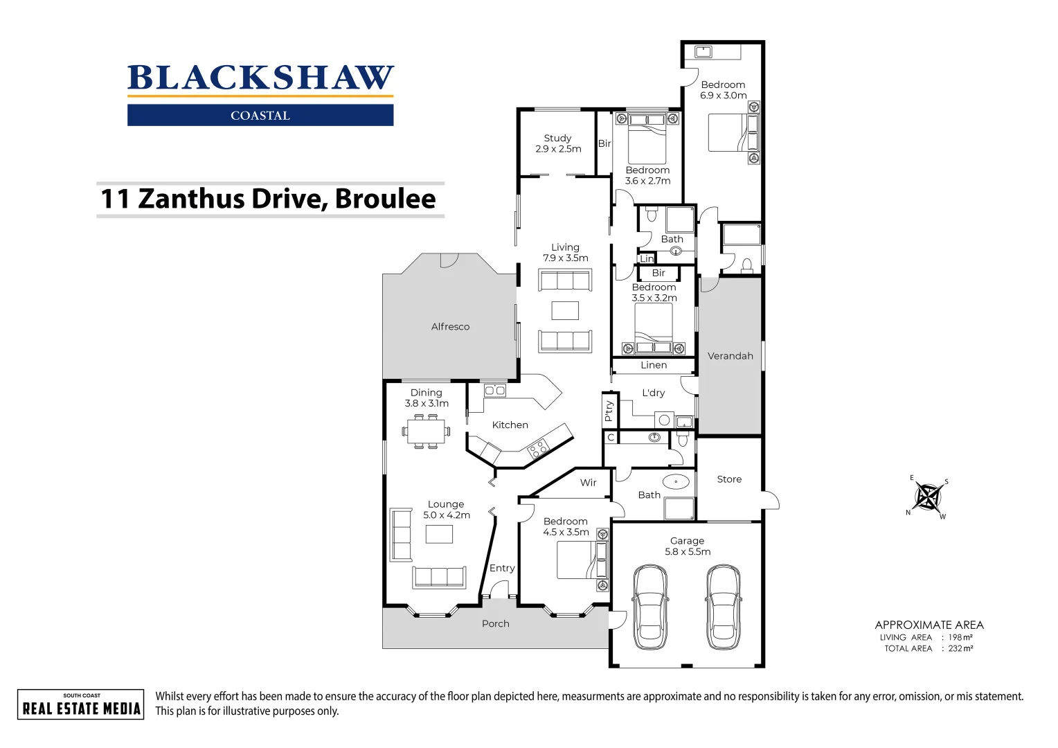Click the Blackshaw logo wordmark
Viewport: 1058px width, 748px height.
point(260,78)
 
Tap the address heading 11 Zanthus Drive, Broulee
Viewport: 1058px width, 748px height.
point(269,199)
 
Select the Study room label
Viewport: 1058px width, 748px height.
point(557,139)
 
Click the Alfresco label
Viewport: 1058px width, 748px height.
point(450,327)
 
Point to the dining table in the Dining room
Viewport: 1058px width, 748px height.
point(426,431)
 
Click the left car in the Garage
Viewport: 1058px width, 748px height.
point(650,607)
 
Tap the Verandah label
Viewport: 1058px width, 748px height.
point(730,356)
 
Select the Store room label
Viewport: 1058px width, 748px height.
point(729,479)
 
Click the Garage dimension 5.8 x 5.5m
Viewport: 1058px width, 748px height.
point(688,552)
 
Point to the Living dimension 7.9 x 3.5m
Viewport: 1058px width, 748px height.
point(565,258)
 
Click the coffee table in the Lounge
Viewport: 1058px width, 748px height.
point(439,534)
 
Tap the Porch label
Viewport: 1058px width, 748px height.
point(495,624)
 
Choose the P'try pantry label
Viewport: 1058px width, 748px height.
point(609,411)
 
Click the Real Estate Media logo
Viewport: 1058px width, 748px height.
point(81,704)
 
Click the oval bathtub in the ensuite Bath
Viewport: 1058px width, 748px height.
point(676,481)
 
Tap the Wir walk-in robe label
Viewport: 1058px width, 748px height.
point(588,483)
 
